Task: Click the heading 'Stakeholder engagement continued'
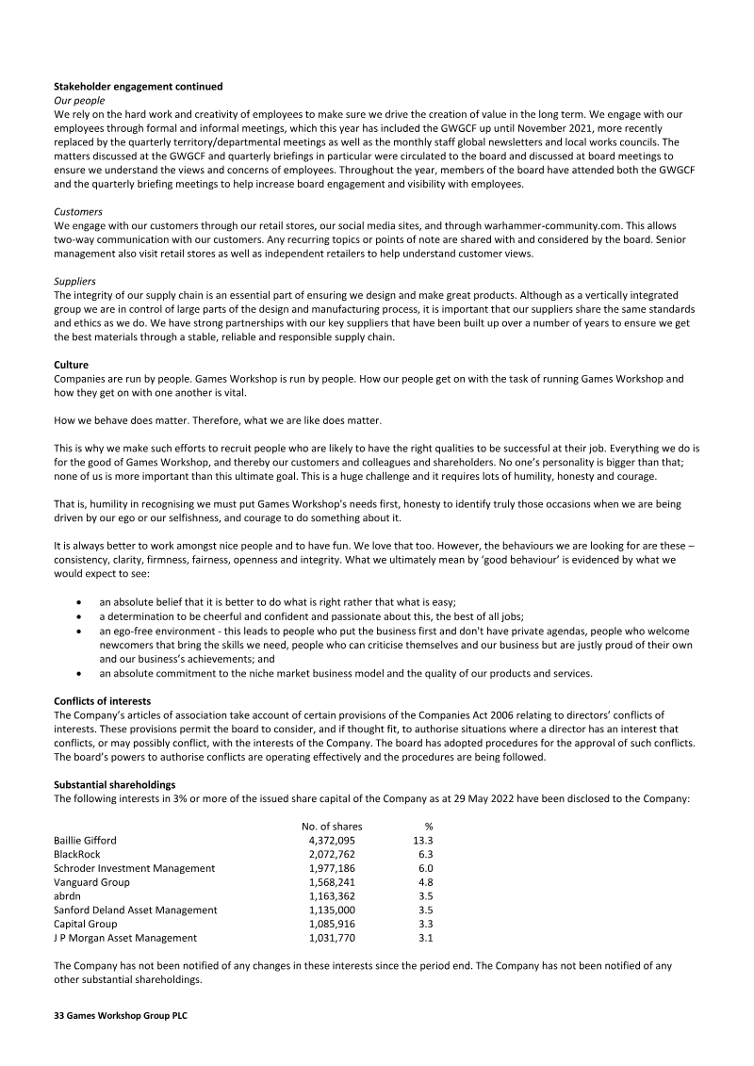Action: pos(138,87)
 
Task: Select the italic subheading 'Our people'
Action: pos(79,100)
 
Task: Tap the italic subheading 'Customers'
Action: pos(78,212)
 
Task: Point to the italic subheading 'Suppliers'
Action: pos(76,282)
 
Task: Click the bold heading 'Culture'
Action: pos(73,365)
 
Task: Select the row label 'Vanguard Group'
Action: pos(91,882)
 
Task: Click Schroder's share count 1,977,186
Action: pos(332,868)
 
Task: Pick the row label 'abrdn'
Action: pos(67,896)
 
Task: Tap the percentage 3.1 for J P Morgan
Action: pos(425,938)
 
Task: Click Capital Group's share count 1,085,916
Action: pos(332,924)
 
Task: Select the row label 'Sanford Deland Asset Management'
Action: pos(135,910)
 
